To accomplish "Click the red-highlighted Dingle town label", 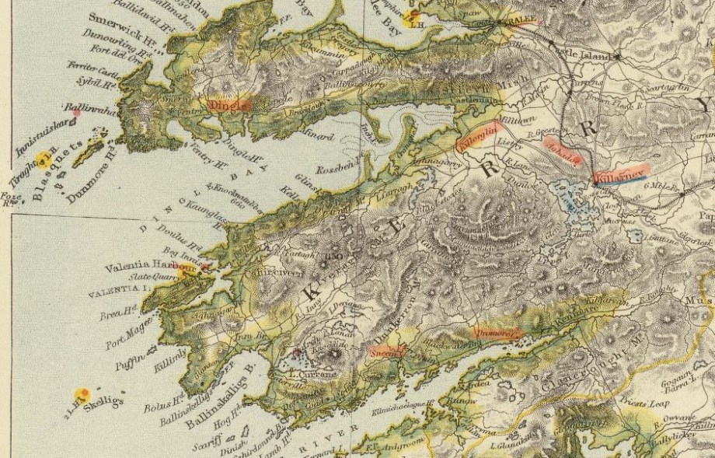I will [230, 104].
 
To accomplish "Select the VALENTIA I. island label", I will [118, 288].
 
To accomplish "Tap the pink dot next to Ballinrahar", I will [76, 113].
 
